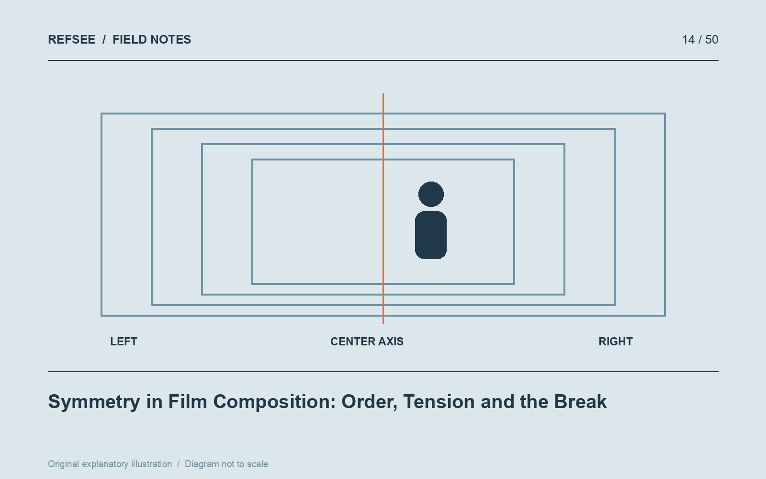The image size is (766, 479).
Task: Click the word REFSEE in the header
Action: coord(71,40)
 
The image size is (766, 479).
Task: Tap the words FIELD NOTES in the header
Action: coord(152,40)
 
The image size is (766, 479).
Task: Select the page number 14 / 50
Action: coord(700,40)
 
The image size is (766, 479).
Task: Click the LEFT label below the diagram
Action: coord(124,342)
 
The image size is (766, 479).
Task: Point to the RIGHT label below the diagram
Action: coord(616,342)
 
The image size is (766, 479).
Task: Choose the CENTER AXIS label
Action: coord(367,342)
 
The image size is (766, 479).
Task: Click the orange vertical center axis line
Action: coord(383,208)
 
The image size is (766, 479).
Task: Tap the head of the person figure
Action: coord(431,194)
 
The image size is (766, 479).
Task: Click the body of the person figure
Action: coord(431,235)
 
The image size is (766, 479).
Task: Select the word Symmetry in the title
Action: coord(94,402)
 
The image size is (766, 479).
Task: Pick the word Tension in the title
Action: coord(439,402)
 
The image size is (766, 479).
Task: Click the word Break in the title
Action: coord(580,401)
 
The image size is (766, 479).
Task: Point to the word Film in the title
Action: coord(187,401)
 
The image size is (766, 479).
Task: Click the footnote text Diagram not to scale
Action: coord(226,464)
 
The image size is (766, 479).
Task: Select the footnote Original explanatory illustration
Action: coord(110,464)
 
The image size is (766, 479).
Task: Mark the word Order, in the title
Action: coord(369,402)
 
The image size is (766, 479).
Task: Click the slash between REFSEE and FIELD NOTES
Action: coord(104,40)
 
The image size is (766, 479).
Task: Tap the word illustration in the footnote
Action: coord(151,464)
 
